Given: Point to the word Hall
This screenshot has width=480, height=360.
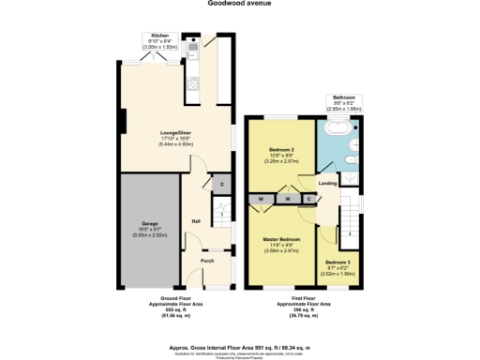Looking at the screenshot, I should coord(197,221).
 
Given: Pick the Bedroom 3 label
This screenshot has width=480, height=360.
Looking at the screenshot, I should coord(339,266).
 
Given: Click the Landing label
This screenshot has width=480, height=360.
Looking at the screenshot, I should coord(328,184).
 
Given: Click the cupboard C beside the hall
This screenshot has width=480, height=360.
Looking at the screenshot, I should coord(220,186).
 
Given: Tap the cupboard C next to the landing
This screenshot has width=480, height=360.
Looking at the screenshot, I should coord(308,200).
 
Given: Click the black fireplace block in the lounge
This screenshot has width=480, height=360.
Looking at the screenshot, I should coord(122,122).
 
